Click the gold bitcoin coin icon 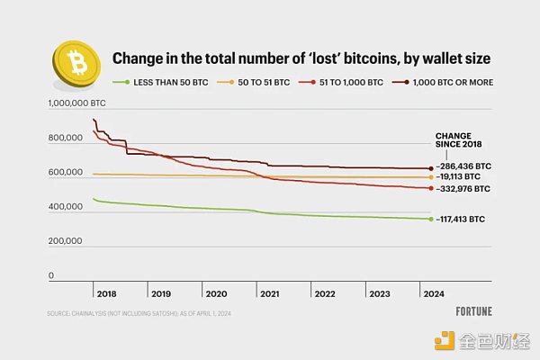click(x=76, y=61)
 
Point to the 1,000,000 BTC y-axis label click(x=76, y=104)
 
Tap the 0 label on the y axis click(x=51, y=275)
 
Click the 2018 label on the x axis click(x=106, y=294)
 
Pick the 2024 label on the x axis click(x=434, y=294)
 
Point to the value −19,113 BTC click(x=459, y=178)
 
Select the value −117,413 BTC click(x=461, y=219)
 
